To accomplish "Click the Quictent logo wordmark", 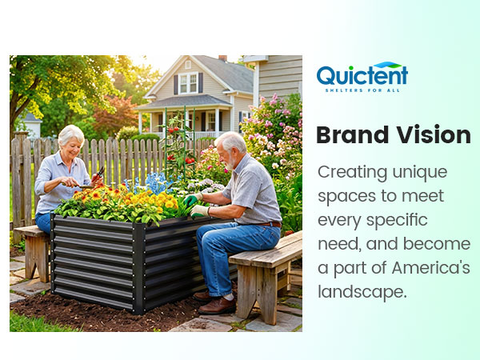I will (362, 75).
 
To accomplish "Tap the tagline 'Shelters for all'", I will (362, 90).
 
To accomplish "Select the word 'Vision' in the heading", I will (432, 135).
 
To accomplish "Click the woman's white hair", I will (70, 134).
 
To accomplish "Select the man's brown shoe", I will (217, 304).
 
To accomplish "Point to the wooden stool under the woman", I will (32, 248).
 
